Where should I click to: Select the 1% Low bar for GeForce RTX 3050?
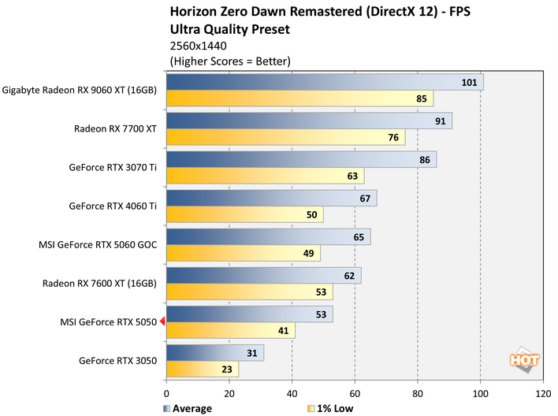pos(202,369)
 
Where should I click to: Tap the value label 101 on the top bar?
pos(470,83)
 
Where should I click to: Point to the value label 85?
pos(422,98)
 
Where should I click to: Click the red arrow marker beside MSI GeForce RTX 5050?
pos(162,321)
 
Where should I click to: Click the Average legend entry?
pos(188,409)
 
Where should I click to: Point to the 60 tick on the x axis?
pos(355,392)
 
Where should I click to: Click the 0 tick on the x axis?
pos(166,392)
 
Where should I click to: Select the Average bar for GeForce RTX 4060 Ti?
pos(271,198)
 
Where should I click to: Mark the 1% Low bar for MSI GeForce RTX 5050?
pos(230,330)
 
